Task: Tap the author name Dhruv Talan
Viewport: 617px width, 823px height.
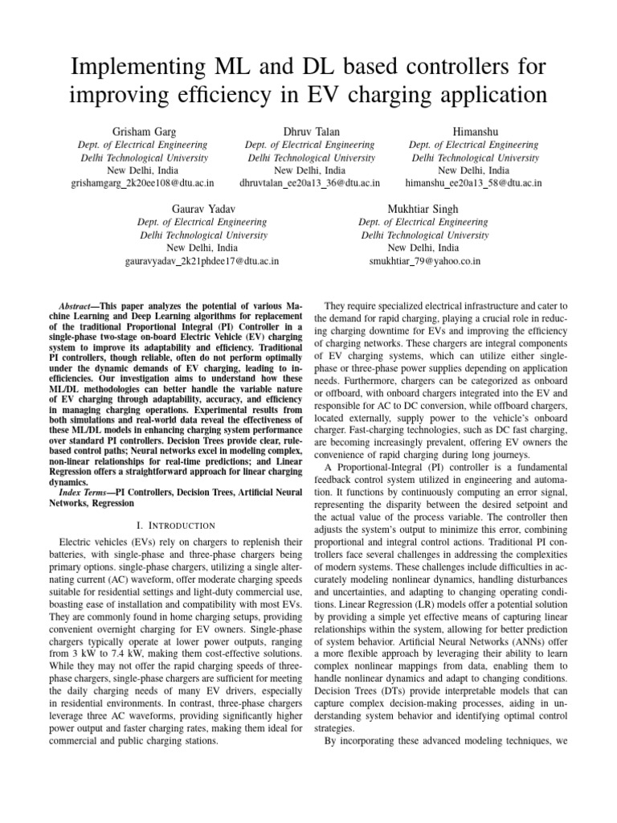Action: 309,131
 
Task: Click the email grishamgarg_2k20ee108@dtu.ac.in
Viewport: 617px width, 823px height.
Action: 143,183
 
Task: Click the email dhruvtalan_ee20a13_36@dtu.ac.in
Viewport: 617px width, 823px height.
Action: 309,183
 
